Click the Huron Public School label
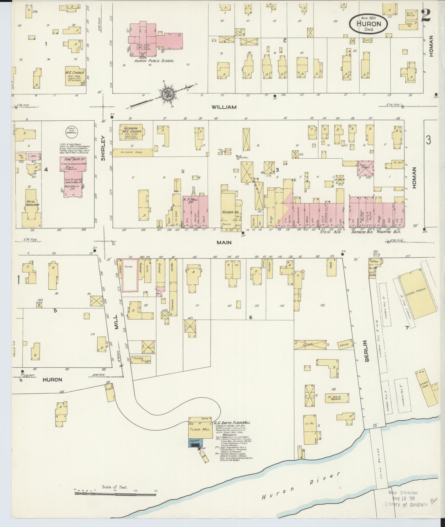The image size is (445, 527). (154, 61)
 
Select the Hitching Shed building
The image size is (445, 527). (133, 153)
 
